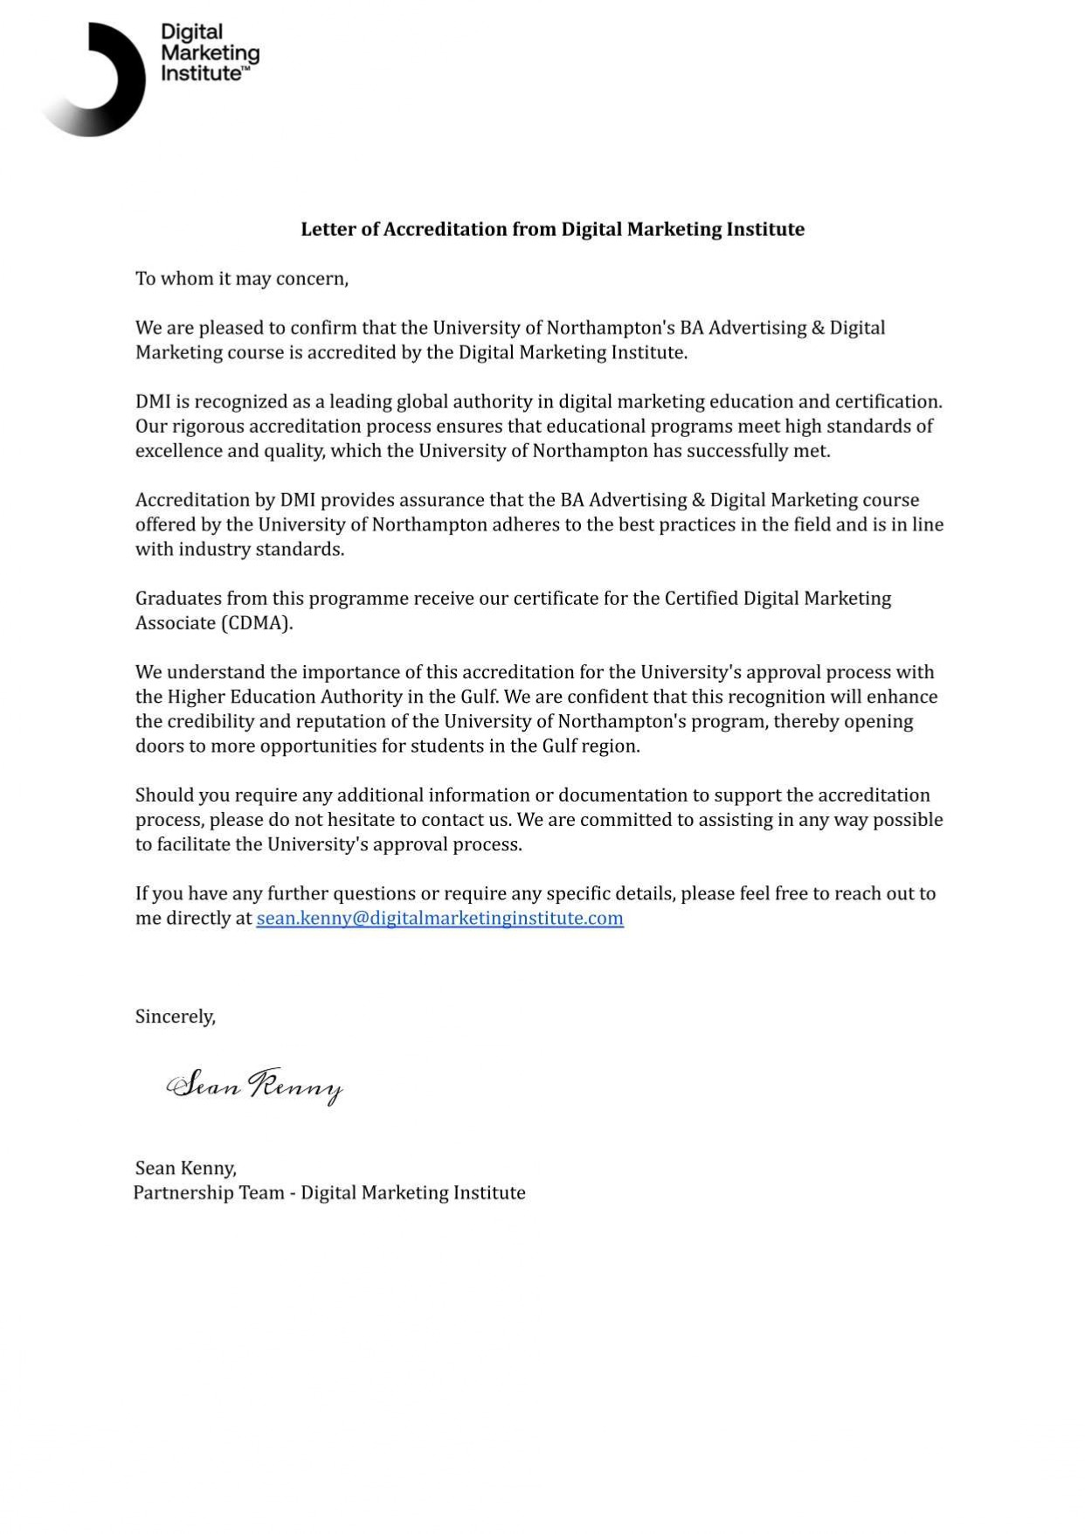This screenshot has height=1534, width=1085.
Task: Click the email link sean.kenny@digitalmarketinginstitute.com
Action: (439, 918)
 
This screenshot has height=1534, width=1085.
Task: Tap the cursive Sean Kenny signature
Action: (254, 1086)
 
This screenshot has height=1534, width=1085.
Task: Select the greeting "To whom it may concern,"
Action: (242, 279)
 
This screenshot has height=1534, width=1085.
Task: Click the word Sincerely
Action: (175, 1017)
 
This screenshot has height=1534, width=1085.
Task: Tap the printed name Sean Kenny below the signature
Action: (185, 1168)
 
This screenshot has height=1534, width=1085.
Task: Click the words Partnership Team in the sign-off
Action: (209, 1193)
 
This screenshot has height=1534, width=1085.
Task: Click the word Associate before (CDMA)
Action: (175, 623)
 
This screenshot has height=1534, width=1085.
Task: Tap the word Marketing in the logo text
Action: (210, 53)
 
